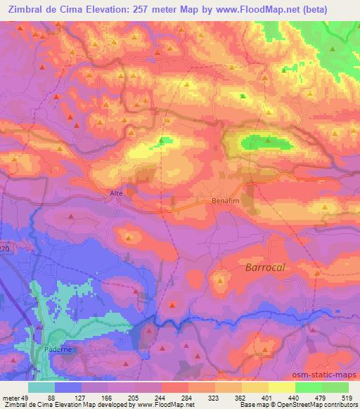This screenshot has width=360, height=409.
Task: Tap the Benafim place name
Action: [x=226, y=200]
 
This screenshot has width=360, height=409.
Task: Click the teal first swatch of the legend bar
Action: [x=41, y=387]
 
